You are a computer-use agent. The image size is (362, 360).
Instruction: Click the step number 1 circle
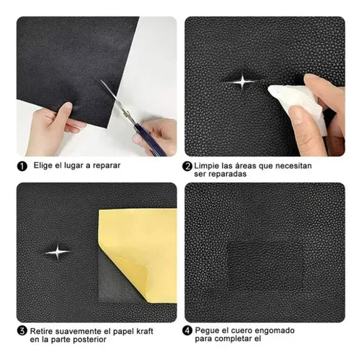coord(22,166)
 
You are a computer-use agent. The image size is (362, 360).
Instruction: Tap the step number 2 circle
coord(187,166)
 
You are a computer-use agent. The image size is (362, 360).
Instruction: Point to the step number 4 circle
coord(187,331)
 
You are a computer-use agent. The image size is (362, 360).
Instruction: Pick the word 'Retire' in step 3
coord(45,331)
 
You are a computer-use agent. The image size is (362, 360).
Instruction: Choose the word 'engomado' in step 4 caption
coord(270,331)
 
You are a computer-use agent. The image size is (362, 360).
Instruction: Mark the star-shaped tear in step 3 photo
coord(57,251)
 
